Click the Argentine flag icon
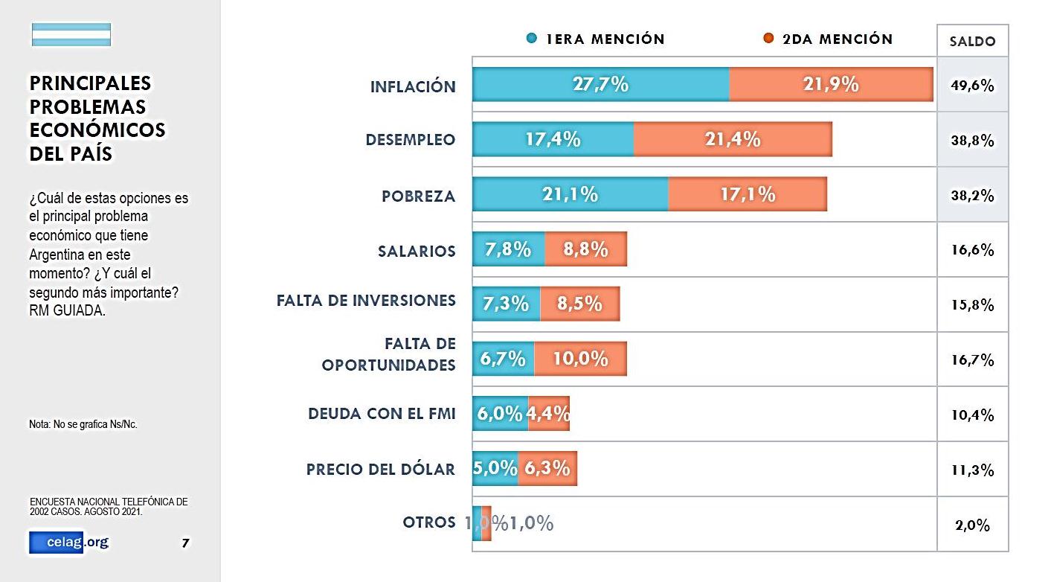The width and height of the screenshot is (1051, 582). click(71, 35)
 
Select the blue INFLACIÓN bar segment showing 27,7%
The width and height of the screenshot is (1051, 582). click(600, 84)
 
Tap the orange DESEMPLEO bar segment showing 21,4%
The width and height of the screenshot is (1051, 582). click(733, 139)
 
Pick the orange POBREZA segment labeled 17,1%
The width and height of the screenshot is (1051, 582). click(748, 194)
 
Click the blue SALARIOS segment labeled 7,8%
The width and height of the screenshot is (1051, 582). click(509, 249)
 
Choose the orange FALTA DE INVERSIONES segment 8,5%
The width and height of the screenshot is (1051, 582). click(579, 304)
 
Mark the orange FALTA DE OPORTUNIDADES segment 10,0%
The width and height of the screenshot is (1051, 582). click(580, 359)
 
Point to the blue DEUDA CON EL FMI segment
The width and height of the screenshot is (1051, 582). click(500, 414)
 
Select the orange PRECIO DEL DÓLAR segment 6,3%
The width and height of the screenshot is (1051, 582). click(547, 468)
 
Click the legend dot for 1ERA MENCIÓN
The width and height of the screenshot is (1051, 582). click(531, 39)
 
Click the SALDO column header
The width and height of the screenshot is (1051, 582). click(972, 42)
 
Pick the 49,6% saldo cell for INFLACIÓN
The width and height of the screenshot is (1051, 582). click(972, 85)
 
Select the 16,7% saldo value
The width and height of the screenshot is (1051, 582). click(972, 360)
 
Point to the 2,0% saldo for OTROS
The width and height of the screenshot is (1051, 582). click(972, 525)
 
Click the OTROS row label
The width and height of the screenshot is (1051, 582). click(429, 522)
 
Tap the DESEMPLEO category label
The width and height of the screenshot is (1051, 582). click(411, 140)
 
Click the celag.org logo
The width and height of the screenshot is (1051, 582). click(68, 543)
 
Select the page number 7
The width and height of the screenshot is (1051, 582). click(185, 543)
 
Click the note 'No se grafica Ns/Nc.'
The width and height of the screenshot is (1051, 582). click(83, 424)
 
